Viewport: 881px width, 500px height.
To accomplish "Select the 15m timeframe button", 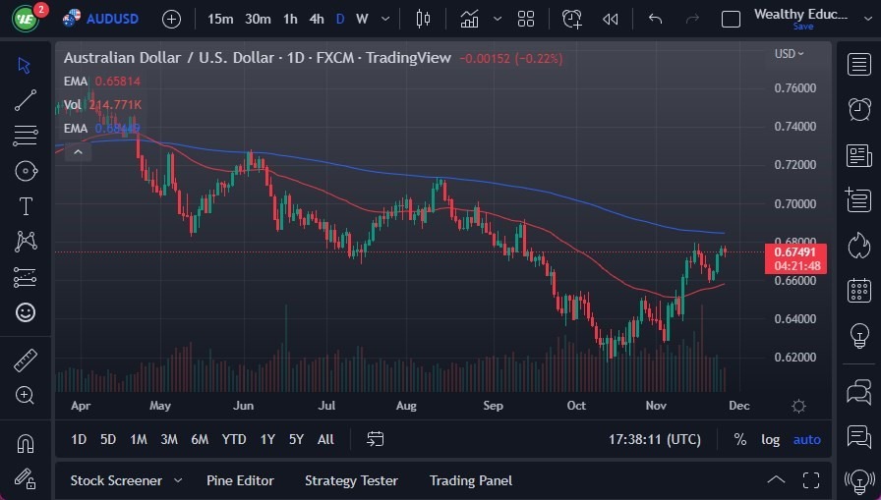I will [x=220, y=19].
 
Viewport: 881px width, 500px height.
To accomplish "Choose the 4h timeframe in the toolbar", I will [x=316, y=19].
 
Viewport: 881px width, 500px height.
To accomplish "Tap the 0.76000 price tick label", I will [x=794, y=88].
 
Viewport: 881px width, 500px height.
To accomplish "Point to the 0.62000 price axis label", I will [x=794, y=358].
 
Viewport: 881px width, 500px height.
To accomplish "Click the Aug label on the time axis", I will [x=406, y=406].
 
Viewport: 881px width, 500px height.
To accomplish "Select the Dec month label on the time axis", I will [x=739, y=406].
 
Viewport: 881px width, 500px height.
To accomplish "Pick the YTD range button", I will [x=234, y=439].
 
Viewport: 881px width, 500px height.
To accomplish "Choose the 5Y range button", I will [x=296, y=439].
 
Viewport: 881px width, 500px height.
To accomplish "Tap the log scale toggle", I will [x=770, y=439].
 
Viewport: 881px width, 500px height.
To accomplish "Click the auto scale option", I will [x=806, y=439].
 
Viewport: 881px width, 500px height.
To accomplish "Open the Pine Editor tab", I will [x=240, y=480].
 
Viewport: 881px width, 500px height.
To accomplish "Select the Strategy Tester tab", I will [x=351, y=480].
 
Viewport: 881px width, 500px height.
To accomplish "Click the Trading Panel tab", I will [x=470, y=480].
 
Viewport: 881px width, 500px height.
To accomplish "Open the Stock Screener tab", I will [x=116, y=480].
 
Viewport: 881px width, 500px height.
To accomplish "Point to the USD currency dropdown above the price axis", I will [x=789, y=54].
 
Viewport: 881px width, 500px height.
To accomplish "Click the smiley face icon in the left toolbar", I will [x=26, y=312].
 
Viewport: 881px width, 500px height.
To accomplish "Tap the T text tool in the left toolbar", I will [x=26, y=206].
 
